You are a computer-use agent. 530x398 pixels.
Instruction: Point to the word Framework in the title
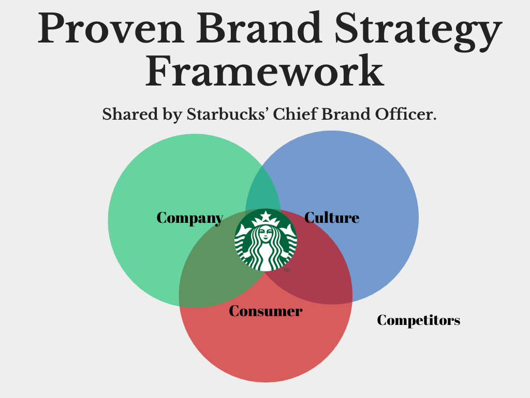click(x=264, y=72)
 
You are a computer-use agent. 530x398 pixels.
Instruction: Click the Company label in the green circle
click(x=189, y=218)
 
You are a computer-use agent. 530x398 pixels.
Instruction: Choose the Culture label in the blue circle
click(x=332, y=218)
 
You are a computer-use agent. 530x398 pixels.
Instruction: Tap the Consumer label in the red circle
click(x=266, y=311)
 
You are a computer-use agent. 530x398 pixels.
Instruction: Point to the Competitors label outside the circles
click(x=418, y=320)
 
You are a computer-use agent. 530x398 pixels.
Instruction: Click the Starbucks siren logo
click(x=266, y=239)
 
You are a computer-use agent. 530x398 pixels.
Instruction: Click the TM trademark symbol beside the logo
click(x=287, y=271)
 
